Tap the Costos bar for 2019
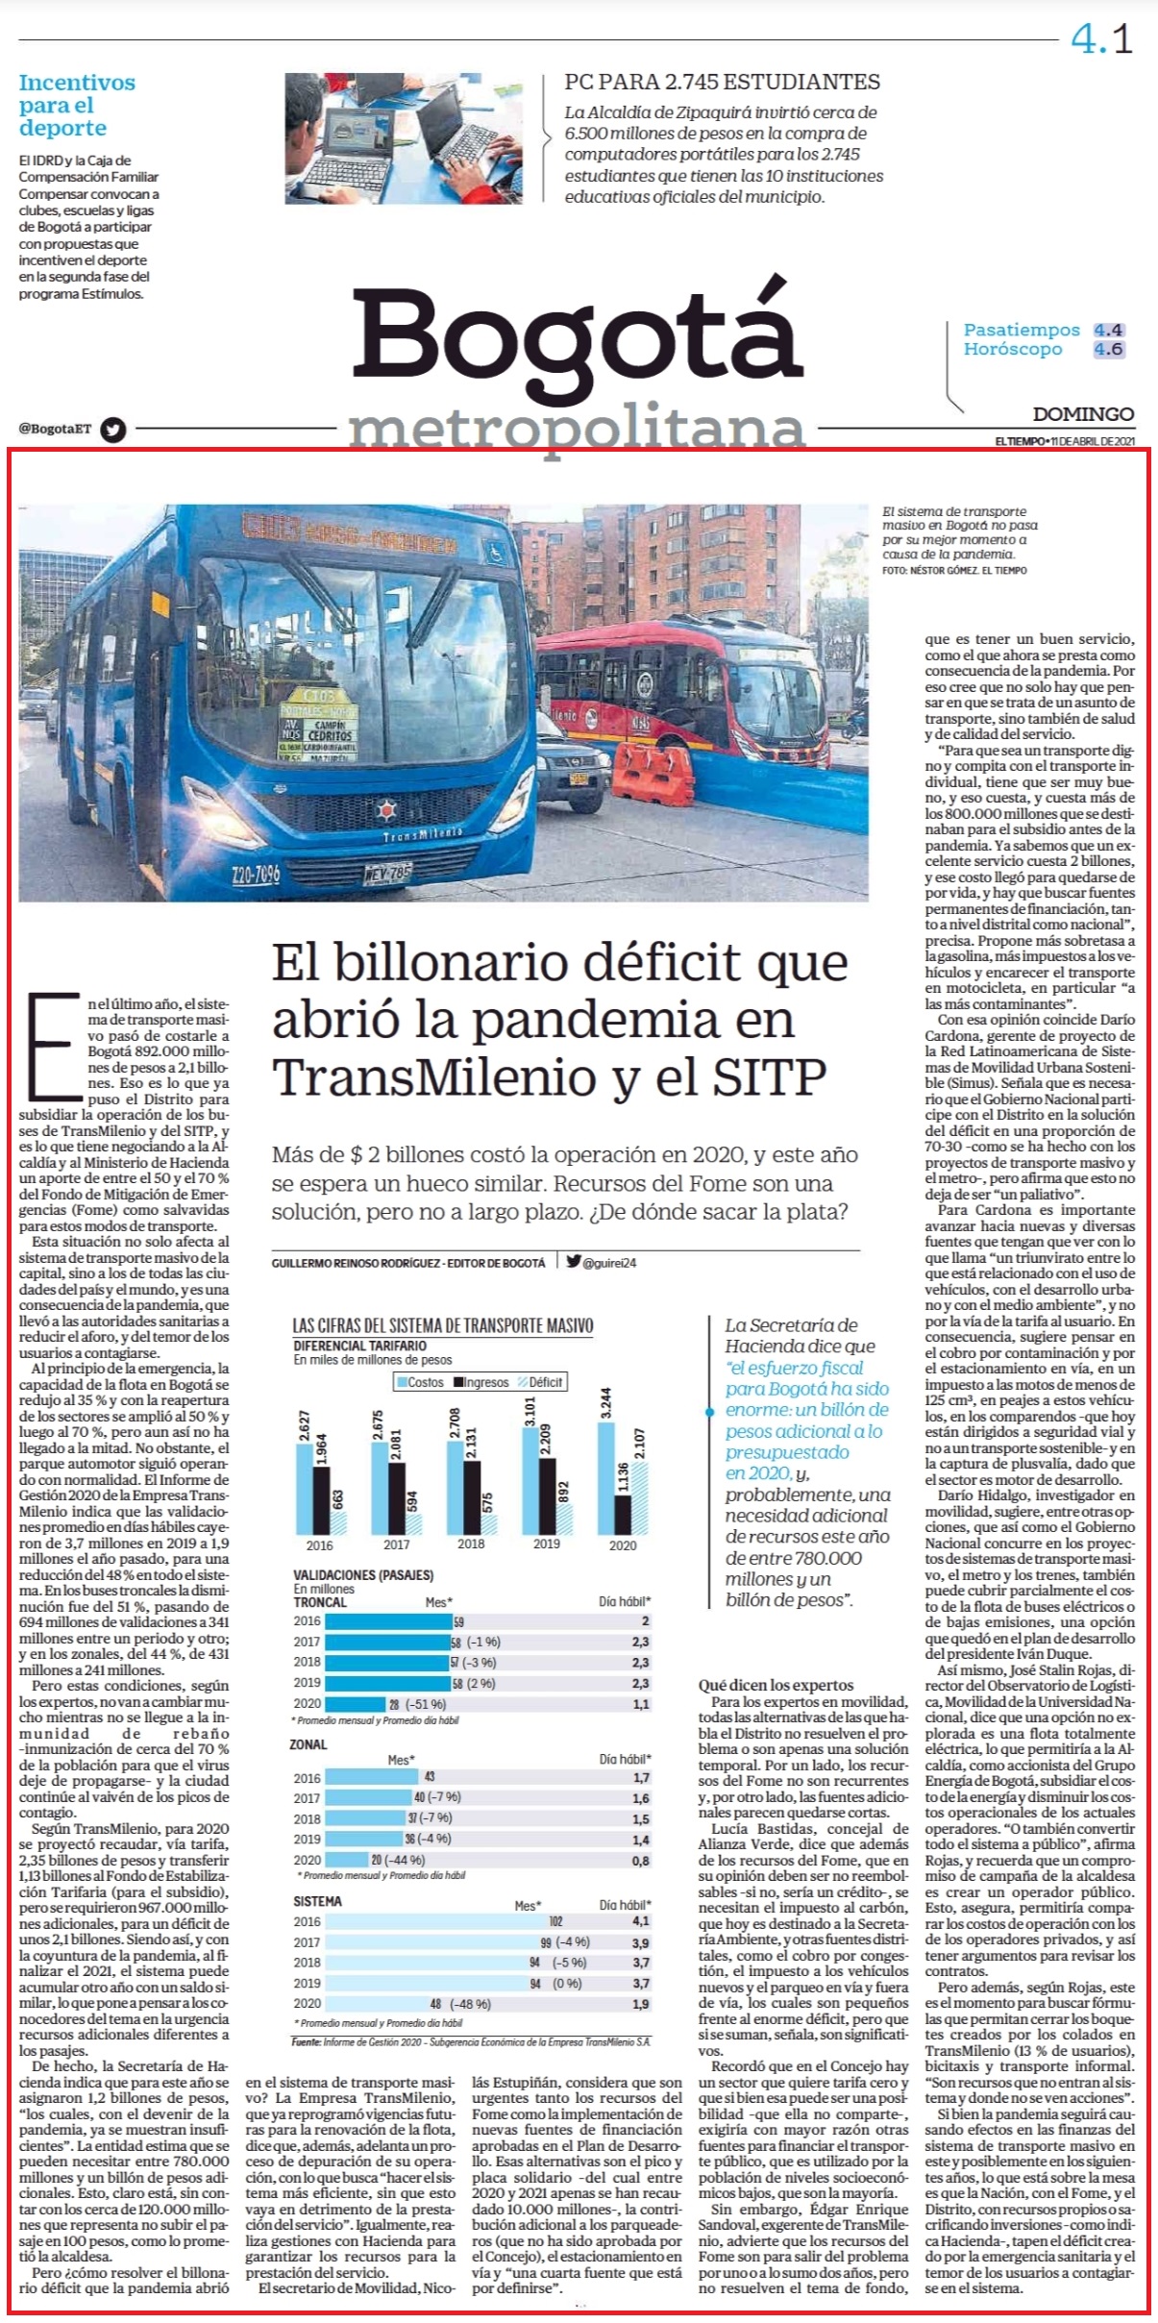coord(530,1480)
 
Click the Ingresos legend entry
coord(482,1382)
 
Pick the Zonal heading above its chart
coord(308,1743)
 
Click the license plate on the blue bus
coord(387,874)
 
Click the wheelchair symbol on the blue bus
coord(498,553)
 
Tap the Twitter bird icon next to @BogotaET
coord(113,430)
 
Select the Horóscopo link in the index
coord(1013,349)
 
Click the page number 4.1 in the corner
coord(1102,38)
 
